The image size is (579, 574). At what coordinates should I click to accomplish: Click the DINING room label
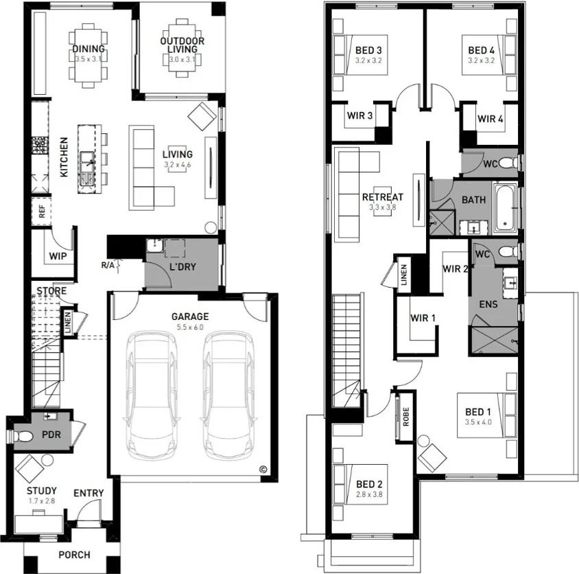(88, 49)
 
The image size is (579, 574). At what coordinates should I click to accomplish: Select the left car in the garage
(151, 397)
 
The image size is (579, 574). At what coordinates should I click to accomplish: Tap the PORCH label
(74, 554)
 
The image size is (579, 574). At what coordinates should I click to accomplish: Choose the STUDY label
(42, 491)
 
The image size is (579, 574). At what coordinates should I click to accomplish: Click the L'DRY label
(182, 266)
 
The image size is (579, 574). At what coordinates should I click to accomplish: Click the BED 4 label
(481, 50)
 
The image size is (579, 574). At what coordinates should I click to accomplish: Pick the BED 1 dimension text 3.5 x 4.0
(478, 422)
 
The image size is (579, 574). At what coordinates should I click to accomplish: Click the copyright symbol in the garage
(262, 470)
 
